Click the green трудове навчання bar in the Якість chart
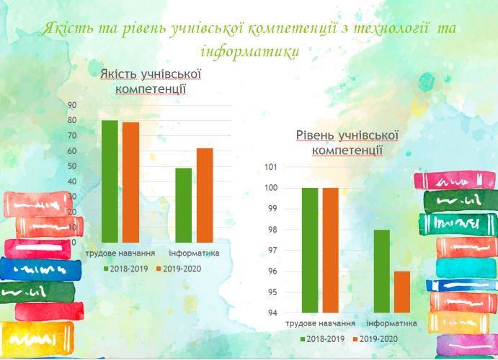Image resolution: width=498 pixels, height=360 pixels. [x=110, y=181]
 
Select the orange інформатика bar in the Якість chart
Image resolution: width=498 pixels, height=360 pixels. [x=205, y=195]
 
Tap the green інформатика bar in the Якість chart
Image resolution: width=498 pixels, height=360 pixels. [x=184, y=205]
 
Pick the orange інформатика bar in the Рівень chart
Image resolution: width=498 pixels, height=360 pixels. [x=402, y=292]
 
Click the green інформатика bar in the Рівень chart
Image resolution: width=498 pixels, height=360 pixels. [x=382, y=271]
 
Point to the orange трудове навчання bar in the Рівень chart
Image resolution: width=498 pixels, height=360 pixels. [x=331, y=251]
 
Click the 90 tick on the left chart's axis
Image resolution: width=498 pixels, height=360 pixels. [x=72, y=105]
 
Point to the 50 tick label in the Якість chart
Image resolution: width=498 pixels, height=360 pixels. [x=72, y=166]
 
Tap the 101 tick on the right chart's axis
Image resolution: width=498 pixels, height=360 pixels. [x=271, y=167]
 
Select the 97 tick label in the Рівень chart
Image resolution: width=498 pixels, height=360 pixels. [x=272, y=251]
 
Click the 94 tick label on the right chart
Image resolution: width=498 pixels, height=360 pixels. [x=272, y=313]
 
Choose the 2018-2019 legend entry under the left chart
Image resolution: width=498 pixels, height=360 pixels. [x=126, y=269]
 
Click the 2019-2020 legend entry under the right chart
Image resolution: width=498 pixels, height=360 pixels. [x=375, y=339]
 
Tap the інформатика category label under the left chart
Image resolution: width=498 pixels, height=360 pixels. [x=194, y=253]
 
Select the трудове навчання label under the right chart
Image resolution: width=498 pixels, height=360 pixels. [x=320, y=323]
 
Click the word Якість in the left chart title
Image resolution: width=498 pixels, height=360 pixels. [x=119, y=74]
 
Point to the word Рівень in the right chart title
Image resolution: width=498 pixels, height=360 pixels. [x=315, y=135]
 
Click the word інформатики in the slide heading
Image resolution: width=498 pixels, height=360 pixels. [x=250, y=51]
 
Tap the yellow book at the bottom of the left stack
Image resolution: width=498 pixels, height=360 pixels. [x=37, y=338]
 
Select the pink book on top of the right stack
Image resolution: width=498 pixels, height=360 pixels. [x=455, y=181]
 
